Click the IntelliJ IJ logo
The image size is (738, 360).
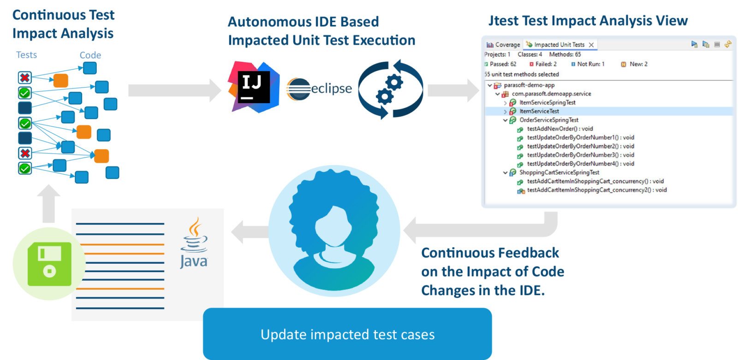point(254,87)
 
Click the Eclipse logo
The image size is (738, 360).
point(319,89)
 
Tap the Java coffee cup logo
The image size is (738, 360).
point(194,243)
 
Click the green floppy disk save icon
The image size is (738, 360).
point(49,264)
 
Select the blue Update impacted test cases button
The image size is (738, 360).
point(347,334)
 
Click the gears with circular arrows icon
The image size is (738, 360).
point(391,89)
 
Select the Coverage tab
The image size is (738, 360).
point(503,45)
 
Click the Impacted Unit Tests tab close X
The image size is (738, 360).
point(591,45)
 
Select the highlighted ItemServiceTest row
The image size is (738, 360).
point(539,111)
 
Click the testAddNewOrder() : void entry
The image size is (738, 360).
point(559,129)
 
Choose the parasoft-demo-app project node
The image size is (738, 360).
point(529,85)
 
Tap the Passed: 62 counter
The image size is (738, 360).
point(501,64)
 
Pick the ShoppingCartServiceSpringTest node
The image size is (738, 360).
point(559,172)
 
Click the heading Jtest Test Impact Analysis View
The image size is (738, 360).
point(588,21)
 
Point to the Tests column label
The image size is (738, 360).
point(26,55)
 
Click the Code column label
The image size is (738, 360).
point(90,55)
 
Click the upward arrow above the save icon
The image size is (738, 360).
point(48,203)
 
